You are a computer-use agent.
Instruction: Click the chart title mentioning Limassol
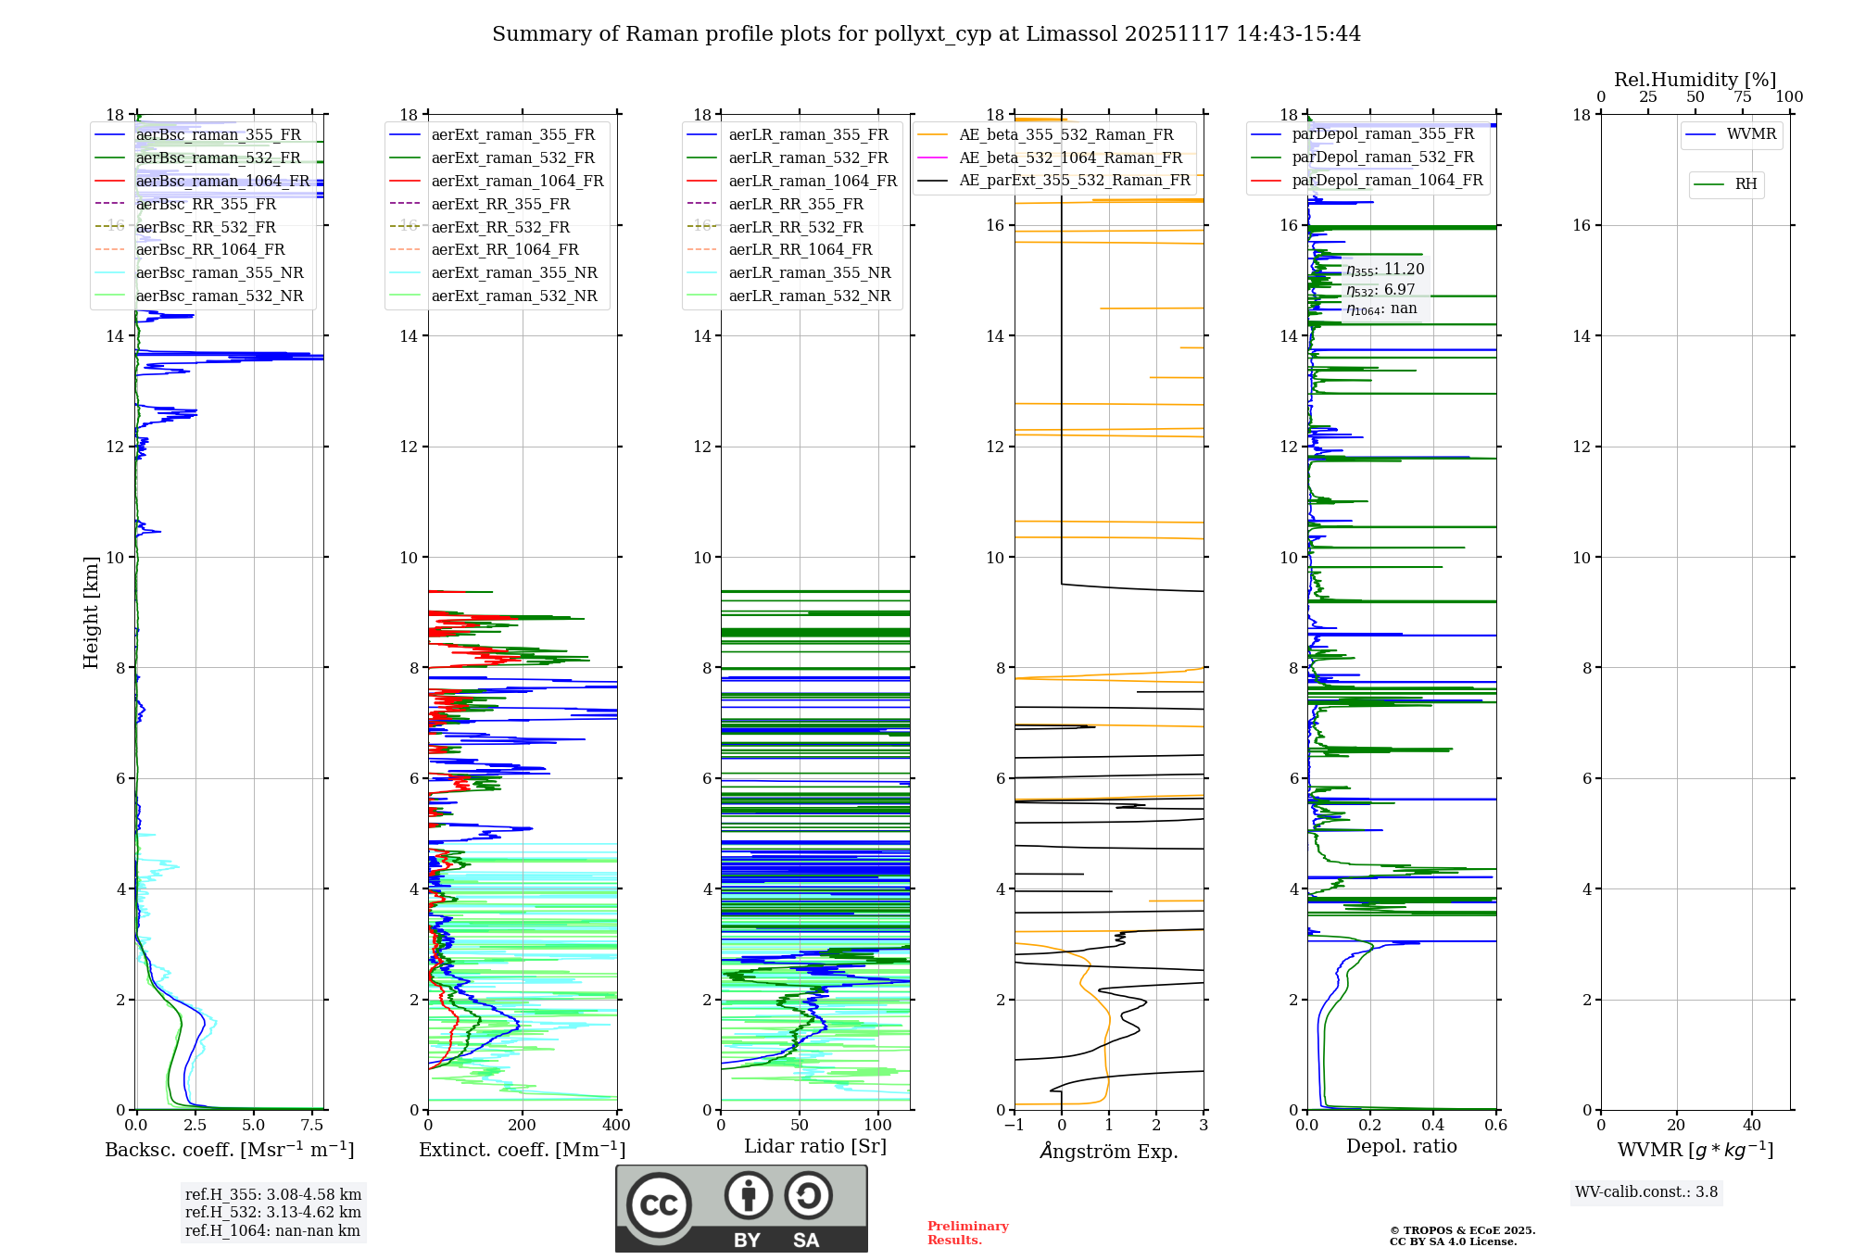[x=926, y=34]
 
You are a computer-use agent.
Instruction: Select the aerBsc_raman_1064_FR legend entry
[x=222, y=181]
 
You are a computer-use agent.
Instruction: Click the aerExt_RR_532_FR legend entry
[x=500, y=227]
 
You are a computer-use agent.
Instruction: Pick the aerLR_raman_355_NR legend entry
[x=809, y=272]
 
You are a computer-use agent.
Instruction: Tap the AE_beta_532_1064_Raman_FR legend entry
[x=1070, y=157]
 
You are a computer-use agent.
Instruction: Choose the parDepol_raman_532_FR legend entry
[x=1382, y=157]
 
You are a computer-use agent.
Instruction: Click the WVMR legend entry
[x=1750, y=134]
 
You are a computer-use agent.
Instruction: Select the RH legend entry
[x=1746, y=184]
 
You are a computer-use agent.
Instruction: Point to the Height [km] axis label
[x=91, y=611]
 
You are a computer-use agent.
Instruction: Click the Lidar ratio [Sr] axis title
[x=814, y=1146]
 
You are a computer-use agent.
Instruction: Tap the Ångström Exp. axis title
[x=1108, y=1151]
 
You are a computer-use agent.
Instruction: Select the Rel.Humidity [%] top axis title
[x=1695, y=80]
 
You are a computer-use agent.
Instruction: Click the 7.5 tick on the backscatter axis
[x=312, y=1126]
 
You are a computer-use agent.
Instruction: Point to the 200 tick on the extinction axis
[x=523, y=1126]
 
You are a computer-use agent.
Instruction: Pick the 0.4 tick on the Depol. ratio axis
[x=1433, y=1126]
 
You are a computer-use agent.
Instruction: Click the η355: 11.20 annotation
[x=1385, y=270]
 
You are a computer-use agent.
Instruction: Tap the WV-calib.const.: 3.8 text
[x=1646, y=1192]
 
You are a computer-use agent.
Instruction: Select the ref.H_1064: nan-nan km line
[x=272, y=1231]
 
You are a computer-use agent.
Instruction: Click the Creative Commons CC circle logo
[x=659, y=1205]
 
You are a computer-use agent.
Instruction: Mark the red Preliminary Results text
[x=967, y=1233]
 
